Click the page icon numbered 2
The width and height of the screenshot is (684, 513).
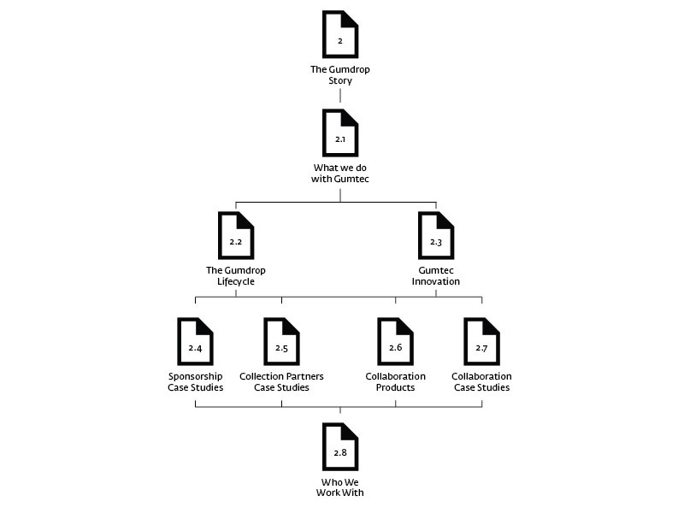340,35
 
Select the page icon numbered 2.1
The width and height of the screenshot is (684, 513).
340,133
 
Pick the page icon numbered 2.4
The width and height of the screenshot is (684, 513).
195,342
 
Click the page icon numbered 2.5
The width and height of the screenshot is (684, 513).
281,342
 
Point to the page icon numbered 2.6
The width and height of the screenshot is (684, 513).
395,342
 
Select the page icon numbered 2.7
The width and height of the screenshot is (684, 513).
481,342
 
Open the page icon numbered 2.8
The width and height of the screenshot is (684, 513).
340,447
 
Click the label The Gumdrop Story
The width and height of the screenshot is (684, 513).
340,75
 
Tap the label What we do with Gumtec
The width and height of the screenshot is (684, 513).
340,173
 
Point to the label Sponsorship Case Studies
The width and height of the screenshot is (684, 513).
196,381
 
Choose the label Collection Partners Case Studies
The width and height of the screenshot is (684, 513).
281,381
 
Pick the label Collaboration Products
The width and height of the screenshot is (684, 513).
395,381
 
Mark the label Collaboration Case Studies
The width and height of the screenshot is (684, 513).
481,381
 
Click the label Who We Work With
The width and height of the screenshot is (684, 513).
340,486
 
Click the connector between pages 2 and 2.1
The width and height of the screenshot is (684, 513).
340,97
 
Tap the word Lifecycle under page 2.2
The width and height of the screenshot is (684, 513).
235,281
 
